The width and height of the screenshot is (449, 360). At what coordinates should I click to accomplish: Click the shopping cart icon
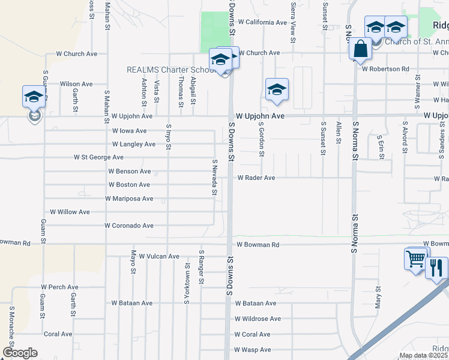(x=415, y=260)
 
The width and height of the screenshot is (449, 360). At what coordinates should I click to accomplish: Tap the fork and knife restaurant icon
(x=436, y=268)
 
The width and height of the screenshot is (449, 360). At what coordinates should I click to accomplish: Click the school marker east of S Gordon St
(x=277, y=89)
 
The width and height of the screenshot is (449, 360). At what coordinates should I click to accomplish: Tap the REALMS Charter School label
(x=171, y=70)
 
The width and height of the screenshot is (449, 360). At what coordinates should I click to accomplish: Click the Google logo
(x=20, y=353)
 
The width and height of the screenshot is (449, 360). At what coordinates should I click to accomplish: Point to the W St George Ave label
(x=98, y=157)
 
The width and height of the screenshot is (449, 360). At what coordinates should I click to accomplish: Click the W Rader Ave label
(x=256, y=178)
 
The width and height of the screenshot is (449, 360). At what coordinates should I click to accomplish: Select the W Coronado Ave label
(x=128, y=226)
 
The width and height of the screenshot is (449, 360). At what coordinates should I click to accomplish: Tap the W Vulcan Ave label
(x=159, y=256)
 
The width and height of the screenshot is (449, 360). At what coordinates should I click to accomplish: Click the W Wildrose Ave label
(x=258, y=319)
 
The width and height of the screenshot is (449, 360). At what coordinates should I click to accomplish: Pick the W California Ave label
(x=262, y=22)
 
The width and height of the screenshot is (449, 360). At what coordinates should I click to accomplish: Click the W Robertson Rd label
(x=385, y=69)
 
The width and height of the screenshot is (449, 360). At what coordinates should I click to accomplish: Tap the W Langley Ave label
(x=134, y=144)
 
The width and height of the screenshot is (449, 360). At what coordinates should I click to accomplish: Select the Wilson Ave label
(x=76, y=85)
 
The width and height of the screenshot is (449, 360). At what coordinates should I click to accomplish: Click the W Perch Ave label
(x=59, y=287)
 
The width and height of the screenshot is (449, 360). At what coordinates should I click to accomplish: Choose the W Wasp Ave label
(x=253, y=350)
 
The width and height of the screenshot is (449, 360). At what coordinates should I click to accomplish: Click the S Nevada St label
(x=214, y=177)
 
